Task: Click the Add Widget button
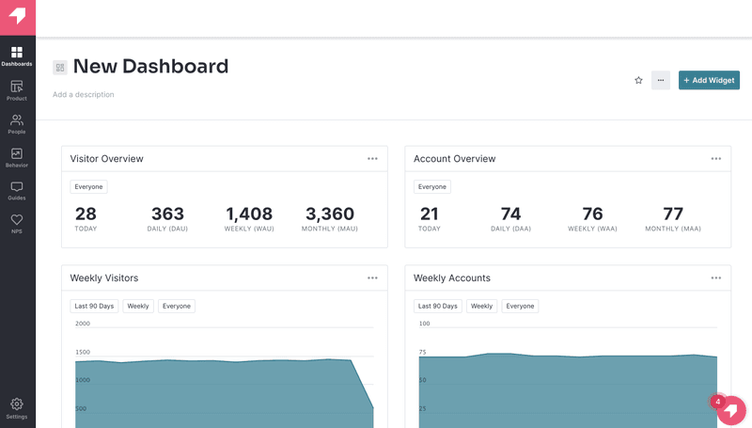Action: [709, 80]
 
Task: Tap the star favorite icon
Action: [638, 80]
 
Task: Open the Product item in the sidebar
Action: [17, 88]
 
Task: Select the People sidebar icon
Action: [17, 122]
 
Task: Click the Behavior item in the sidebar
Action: [17, 156]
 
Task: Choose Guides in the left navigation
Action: [17, 189]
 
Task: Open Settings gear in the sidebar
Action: [17, 406]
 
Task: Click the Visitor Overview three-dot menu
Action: [372, 158]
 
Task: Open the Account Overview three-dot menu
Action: [716, 158]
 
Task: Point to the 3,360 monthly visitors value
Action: [330, 214]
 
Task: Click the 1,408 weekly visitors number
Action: [249, 214]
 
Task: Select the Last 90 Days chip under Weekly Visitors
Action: [94, 306]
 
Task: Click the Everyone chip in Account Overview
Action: [432, 186]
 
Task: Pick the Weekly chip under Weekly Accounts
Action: [482, 306]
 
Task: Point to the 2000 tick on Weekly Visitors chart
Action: [83, 324]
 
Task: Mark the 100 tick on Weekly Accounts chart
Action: [424, 324]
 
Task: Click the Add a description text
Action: [84, 94]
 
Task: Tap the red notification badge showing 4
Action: [718, 402]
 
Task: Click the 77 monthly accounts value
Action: [673, 214]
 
